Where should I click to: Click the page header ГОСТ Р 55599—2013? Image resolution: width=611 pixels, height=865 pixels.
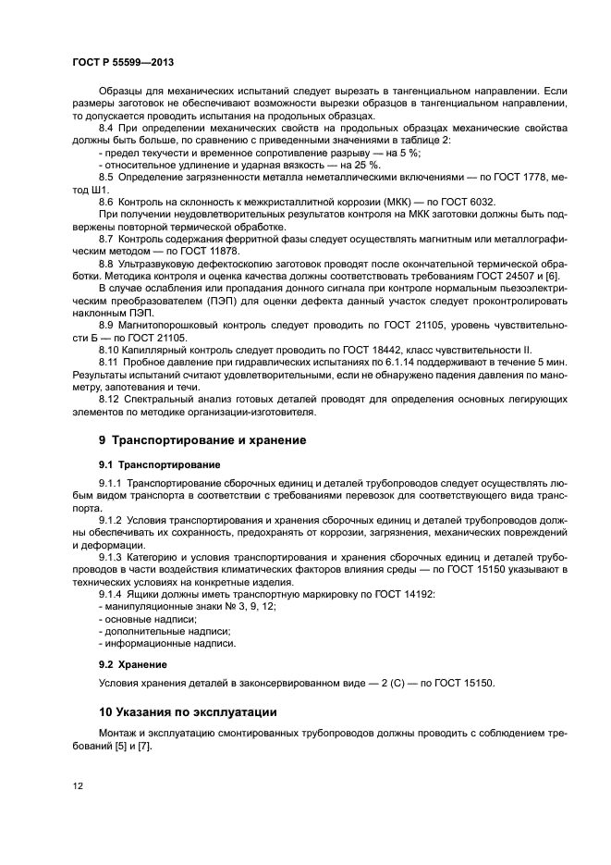point(122,61)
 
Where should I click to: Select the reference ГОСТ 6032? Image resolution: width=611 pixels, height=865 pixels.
point(467,201)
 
